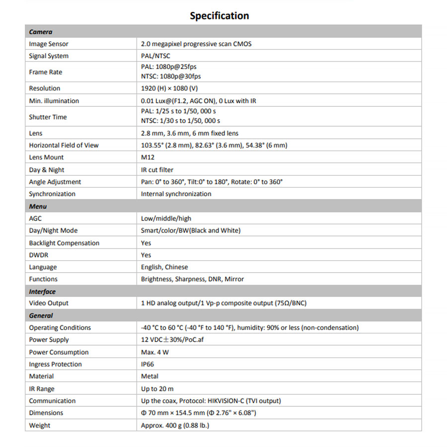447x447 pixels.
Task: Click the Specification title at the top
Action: (219, 16)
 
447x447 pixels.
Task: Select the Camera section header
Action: (41, 32)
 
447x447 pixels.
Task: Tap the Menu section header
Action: (38, 206)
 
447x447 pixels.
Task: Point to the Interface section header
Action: (42, 292)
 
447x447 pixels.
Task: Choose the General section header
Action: (41, 315)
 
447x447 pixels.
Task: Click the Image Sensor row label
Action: (49, 44)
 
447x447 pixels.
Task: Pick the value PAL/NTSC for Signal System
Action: (156, 56)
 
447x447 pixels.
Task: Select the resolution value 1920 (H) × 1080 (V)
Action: (170, 88)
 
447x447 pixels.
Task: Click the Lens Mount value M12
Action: (148, 157)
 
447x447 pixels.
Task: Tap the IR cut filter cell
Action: (157, 170)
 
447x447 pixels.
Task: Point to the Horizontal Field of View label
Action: (64, 146)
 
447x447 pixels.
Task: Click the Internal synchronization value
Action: (176, 194)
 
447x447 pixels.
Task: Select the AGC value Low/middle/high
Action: (166, 219)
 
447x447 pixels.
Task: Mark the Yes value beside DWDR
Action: (146, 255)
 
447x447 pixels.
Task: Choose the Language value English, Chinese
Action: (164, 267)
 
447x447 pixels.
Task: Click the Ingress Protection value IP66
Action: (148, 364)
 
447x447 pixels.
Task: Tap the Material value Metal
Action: (149, 376)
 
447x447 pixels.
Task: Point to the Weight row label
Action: (40, 425)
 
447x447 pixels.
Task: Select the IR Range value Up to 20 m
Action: (157, 389)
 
